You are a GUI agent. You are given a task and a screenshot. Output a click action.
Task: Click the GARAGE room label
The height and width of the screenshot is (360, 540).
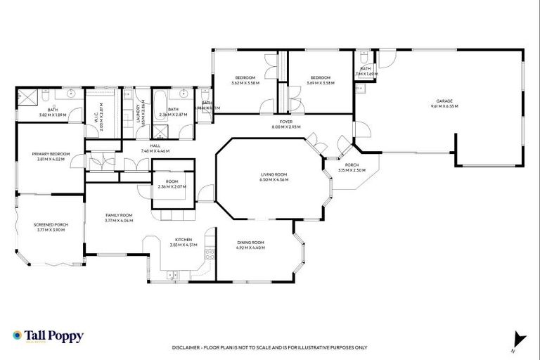click(x=444, y=101)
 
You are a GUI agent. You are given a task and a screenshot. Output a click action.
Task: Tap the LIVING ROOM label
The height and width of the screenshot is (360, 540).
click(x=274, y=174)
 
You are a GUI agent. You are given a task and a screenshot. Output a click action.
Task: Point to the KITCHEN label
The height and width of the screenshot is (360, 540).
click(x=184, y=240)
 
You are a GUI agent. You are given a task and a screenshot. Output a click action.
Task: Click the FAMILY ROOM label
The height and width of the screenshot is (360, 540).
click(x=119, y=215)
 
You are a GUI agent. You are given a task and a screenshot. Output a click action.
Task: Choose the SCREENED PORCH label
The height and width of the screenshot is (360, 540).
click(x=49, y=225)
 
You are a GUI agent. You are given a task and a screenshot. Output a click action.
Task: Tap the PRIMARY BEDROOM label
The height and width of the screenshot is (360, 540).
click(x=50, y=154)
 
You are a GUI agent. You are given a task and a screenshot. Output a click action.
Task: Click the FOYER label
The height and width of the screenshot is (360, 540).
click(x=286, y=122)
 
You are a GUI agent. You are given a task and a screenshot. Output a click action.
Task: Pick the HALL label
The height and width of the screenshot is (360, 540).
click(x=155, y=146)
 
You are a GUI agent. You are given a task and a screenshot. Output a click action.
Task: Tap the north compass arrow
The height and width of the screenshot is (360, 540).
click(x=519, y=339)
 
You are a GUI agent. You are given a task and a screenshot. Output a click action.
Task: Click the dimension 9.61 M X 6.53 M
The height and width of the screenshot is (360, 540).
click(x=444, y=106)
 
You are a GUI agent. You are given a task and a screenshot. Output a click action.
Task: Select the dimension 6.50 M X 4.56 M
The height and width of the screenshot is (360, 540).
click(x=274, y=179)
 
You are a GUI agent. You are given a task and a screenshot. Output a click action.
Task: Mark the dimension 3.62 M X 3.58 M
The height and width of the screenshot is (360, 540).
click(x=245, y=83)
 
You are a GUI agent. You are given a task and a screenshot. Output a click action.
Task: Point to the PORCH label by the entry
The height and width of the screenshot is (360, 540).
click(x=352, y=165)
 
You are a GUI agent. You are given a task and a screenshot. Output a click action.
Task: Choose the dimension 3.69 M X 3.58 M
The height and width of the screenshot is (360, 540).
click(x=321, y=83)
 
